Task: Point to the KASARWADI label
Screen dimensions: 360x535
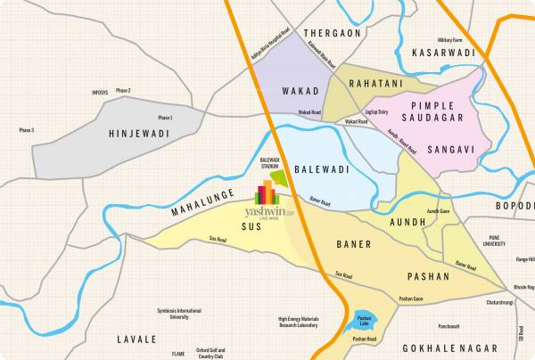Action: (447, 54)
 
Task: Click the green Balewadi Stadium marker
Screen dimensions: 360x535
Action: (279, 178)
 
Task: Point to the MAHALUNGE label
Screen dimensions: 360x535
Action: (203, 202)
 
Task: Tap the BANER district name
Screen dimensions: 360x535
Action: (353, 243)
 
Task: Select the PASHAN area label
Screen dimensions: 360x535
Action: (428, 276)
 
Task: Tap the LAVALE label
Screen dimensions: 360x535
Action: (136, 340)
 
